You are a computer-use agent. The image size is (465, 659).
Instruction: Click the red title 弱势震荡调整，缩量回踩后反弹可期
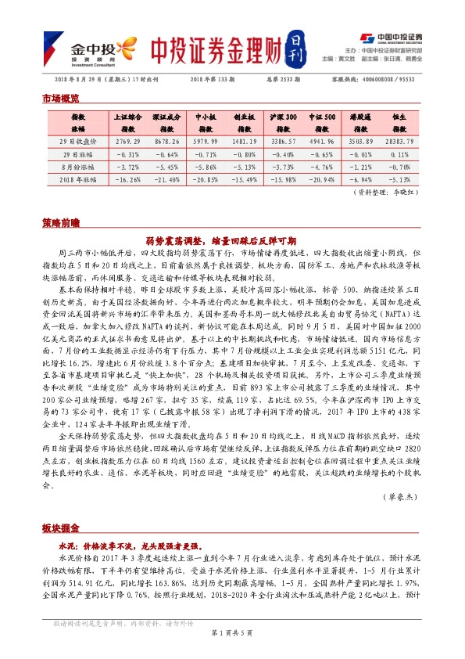[232, 240]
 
